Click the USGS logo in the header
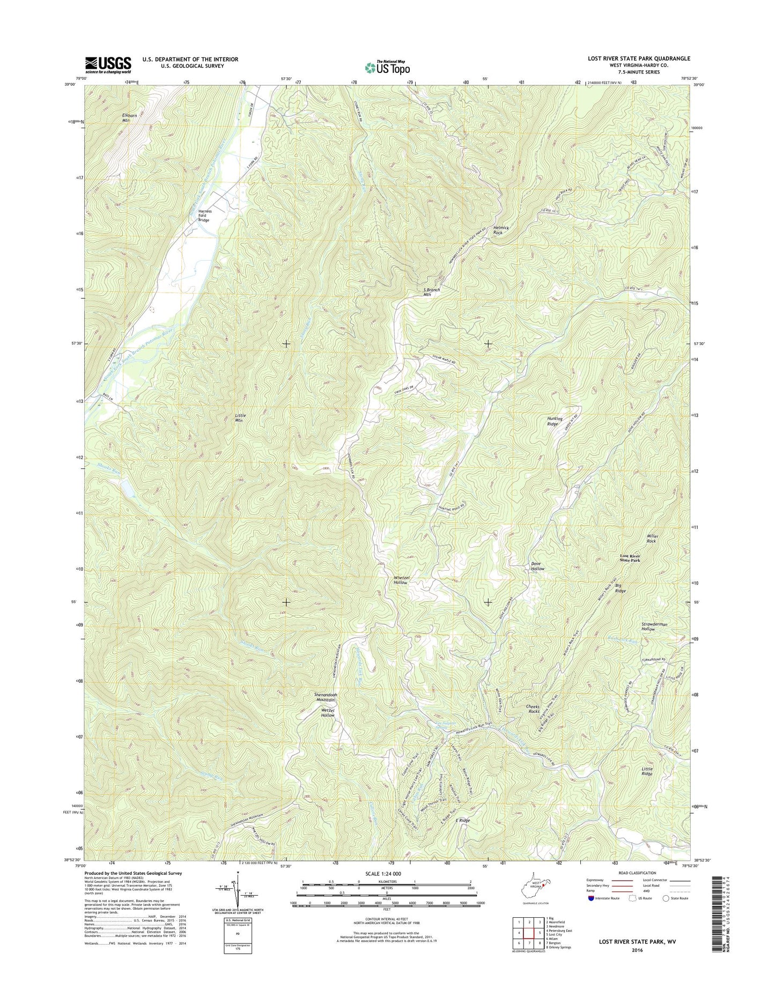[108, 65]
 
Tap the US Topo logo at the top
[387, 68]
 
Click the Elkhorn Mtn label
[127, 117]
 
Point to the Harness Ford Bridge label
[204, 216]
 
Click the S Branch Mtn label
[431, 292]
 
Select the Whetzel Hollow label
[401, 580]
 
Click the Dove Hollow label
[538, 566]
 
